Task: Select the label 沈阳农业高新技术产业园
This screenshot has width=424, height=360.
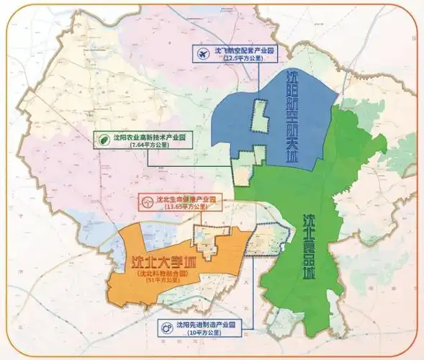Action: pos(150,136)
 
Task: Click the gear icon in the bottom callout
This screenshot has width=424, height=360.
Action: pos(168,326)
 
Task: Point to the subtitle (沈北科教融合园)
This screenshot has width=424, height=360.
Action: pos(161,275)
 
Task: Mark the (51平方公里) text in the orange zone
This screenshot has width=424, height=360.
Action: pos(161,282)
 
